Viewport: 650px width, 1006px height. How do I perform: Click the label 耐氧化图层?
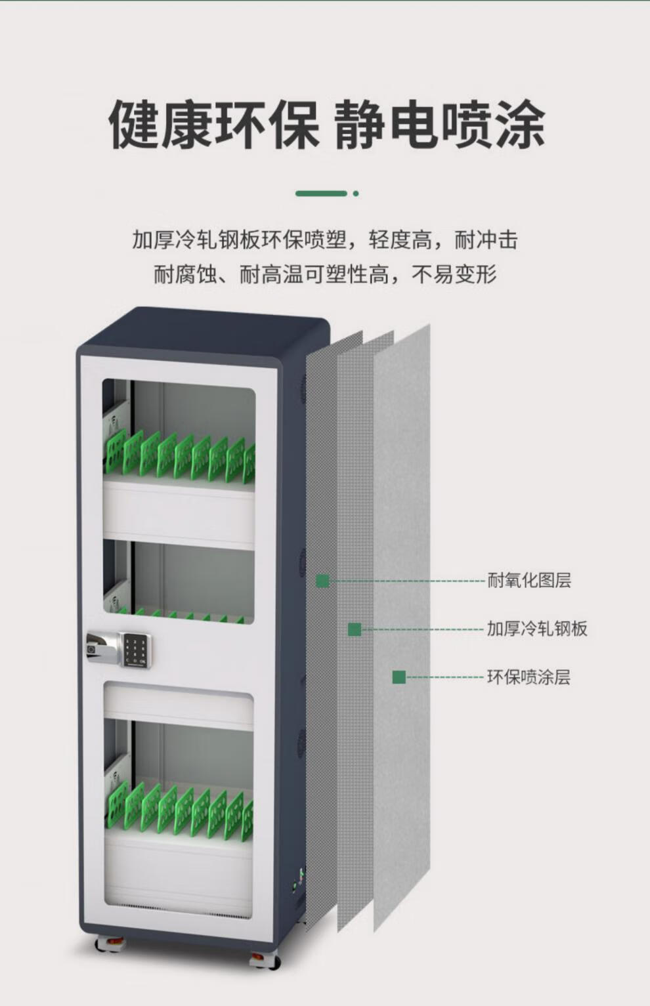click(529, 580)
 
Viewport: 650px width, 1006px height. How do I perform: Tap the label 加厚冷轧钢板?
click(536, 629)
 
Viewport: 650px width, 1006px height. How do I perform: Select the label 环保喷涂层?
click(529, 677)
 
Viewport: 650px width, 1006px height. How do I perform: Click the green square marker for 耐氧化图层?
click(322, 581)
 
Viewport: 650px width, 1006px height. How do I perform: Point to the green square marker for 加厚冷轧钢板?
click(355, 629)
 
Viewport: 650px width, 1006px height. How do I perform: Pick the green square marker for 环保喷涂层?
click(399, 677)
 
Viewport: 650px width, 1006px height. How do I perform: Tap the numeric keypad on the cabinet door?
click(135, 650)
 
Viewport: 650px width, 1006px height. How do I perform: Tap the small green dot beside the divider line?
click(356, 194)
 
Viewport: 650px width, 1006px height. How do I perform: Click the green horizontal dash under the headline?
click(321, 194)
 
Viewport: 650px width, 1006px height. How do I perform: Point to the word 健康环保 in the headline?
click(213, 124)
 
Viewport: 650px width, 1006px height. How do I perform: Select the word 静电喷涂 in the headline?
click(439, 124)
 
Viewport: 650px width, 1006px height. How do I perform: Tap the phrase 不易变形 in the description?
click(454, 274)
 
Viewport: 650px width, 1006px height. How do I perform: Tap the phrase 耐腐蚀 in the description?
click(185, 274)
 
